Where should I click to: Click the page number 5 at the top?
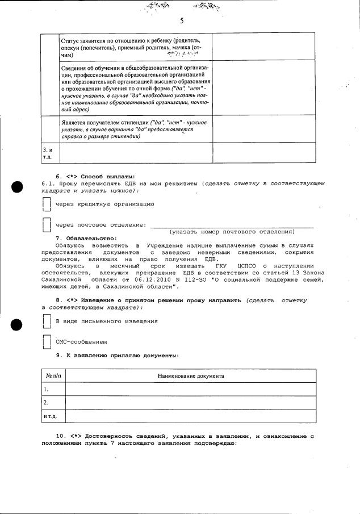coord(182,20)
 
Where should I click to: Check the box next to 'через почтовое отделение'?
coord(47,225)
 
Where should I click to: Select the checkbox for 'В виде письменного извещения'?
coord(47,321)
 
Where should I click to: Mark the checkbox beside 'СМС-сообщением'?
coord(47,342)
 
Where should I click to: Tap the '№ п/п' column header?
coord(53,376)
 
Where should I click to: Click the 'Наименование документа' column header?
coord(190,376)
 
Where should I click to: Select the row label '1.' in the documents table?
coord(46,390)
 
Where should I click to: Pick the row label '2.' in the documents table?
coord(46,403)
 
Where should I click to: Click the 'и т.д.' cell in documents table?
coord(50,416)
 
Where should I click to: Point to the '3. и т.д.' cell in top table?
coord(49,151)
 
